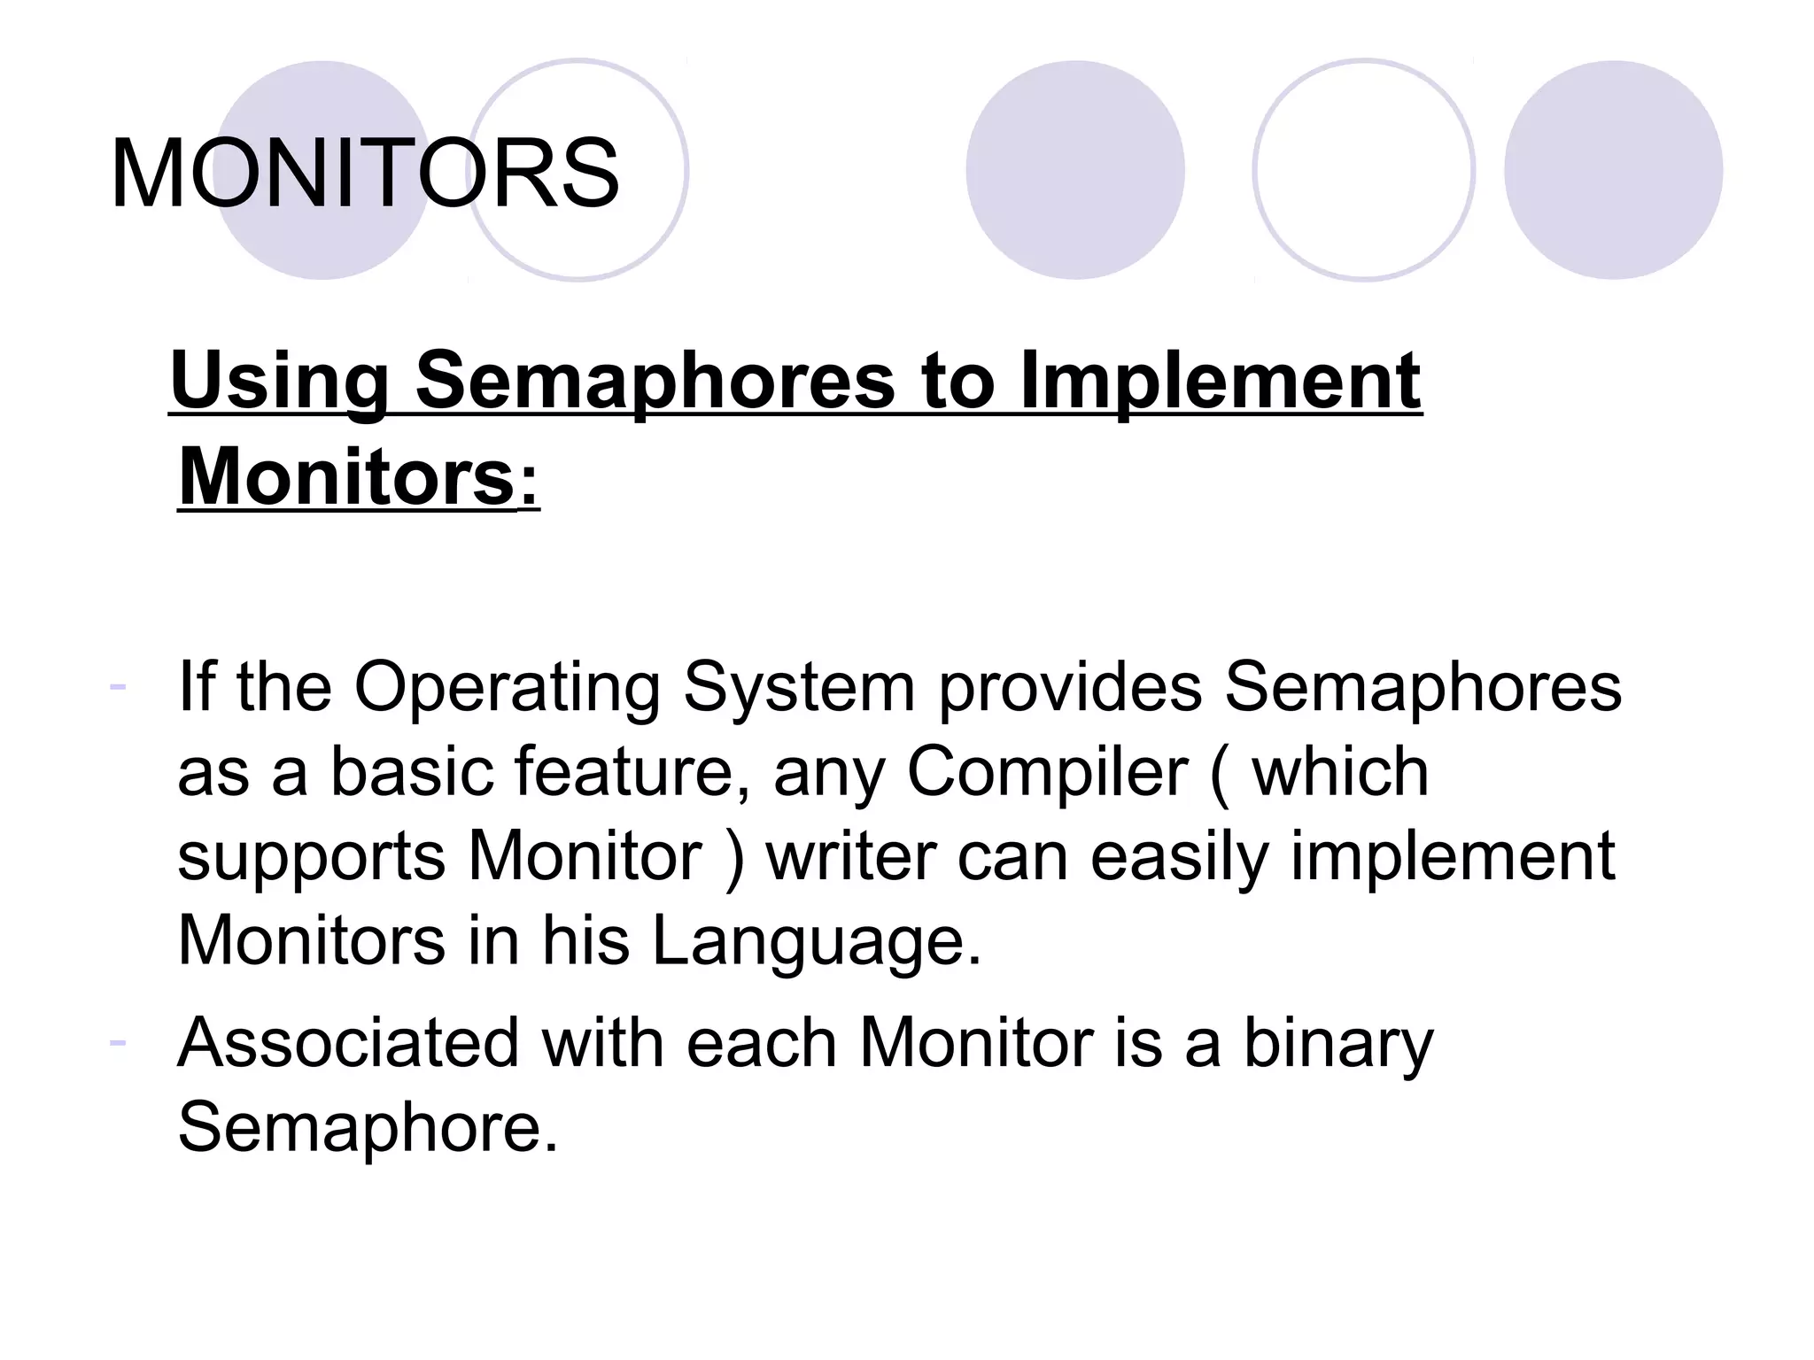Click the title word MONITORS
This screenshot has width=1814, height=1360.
tap(364, 174)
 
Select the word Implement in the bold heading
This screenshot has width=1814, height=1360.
tap(1220, 381)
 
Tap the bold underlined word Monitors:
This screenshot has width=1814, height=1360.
tap(358, 478)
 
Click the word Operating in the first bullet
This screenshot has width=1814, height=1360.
tap(507, 688)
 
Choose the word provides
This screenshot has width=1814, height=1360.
tap(1069, 688)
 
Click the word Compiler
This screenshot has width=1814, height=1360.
tap(1046, 773)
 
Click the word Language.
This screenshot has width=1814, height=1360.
tap(816, 940)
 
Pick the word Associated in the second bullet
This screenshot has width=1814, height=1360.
tap(348, 1043)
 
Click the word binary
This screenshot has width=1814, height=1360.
tap(1338, 1043)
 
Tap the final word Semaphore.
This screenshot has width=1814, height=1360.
tap(368, 1127)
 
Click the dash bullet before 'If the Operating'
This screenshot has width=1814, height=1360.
tap(117, 685)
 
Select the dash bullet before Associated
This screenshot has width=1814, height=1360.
tap(117, 1041)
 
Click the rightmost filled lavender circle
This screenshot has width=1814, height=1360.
tap(1613, 170)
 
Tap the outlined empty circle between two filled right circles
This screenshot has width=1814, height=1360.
tap(1363, 170)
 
